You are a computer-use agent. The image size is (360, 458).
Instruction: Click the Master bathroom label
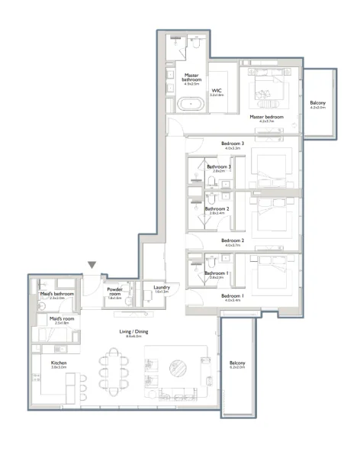(191, 78)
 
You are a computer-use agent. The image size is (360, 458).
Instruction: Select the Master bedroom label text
(266, 117)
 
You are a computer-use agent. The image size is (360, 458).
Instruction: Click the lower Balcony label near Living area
(237, 363)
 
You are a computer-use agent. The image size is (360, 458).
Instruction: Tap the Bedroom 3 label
(233, 143)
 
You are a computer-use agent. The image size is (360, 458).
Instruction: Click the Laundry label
(161, 287)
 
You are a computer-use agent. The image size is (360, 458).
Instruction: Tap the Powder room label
(115, 292)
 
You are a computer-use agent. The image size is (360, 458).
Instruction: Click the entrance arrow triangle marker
(92, 265)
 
